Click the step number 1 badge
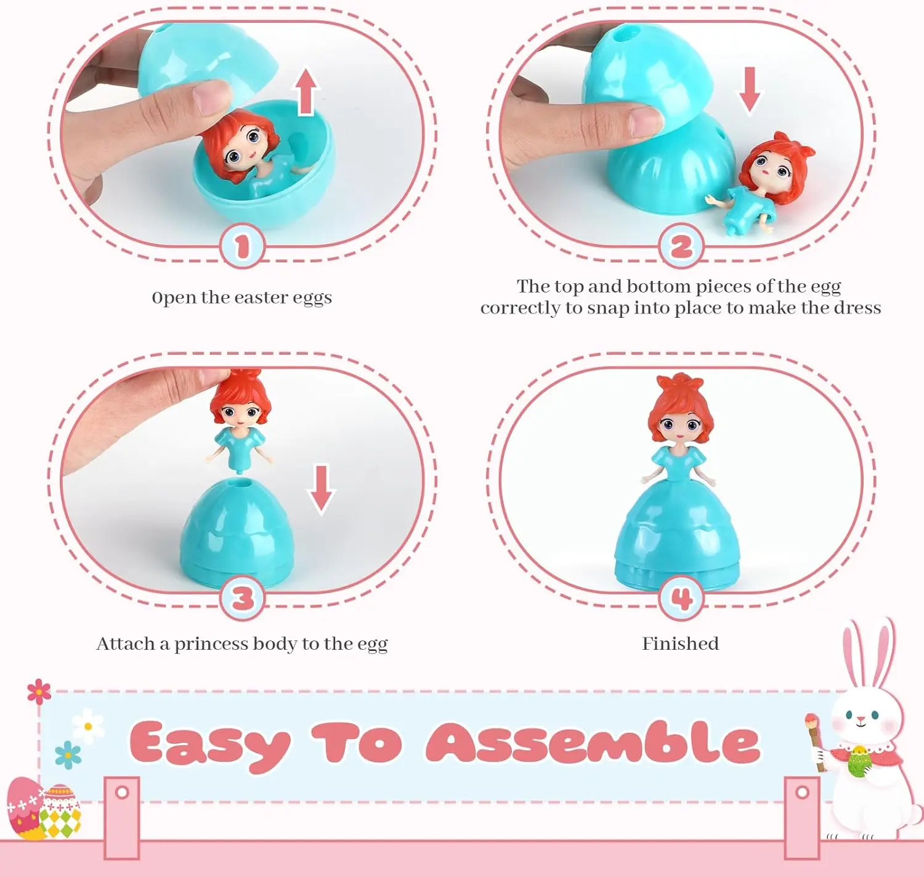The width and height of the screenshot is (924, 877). click(x=243, y=246)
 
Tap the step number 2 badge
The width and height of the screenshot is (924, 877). click(x=681, y=246)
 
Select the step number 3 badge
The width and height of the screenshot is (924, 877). click(x=243, y=598)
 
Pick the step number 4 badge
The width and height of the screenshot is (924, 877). click(x=681, y=598)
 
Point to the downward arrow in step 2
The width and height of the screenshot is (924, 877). click(x=749, y=90)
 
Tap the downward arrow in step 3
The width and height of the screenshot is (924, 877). click(x=322, y=490)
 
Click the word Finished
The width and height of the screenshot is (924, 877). click(x=681, y=644)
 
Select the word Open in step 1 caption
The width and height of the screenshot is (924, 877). click(x=174, y=298)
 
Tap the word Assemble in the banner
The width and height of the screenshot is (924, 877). click(x=593, y=742)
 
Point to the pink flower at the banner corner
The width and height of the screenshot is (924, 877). click(x=39, y=692)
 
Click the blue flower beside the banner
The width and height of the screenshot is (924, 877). click(x=68, y=754)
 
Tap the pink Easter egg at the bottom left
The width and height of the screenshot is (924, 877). click(x=26, y=808)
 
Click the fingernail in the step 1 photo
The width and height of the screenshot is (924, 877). click(x=212, y=98)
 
